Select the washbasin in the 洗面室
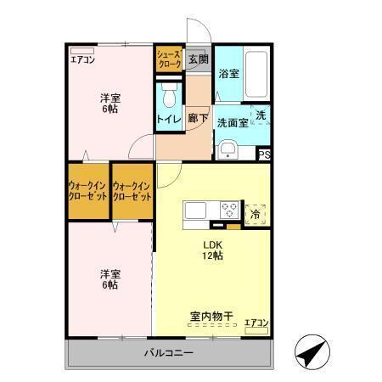point(228,150)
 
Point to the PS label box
point(265,154)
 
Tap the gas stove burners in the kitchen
point(229,209)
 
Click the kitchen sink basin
point(194,210)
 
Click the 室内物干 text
point(211,316)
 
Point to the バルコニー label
point(168,351)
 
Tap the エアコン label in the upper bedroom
point(82,59)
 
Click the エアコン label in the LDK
point(256,322)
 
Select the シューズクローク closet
point(168,59)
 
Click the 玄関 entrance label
point(198,59)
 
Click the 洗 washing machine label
point(261,115)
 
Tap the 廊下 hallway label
point(198,118)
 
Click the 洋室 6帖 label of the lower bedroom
point(109,278)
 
